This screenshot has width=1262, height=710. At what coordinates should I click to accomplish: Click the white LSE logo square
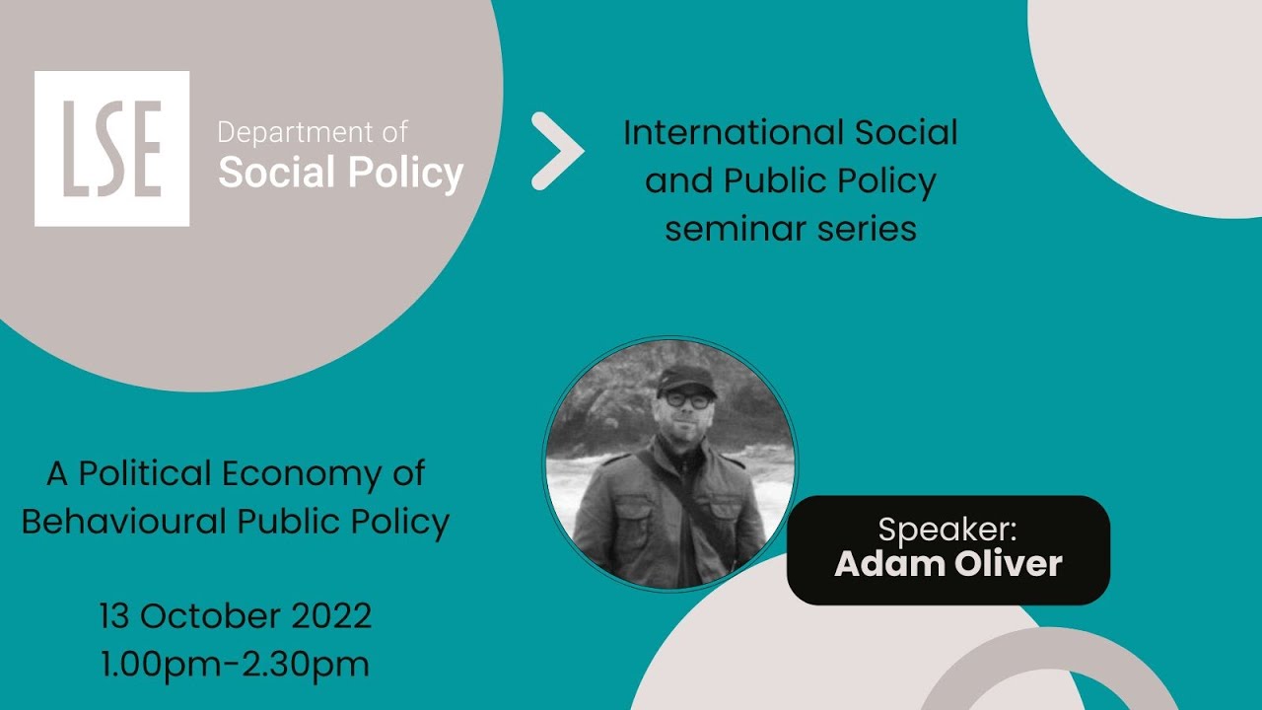pos(111,149)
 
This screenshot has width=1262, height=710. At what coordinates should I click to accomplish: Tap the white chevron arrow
pos(558,151)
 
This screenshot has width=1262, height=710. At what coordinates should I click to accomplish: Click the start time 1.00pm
pos(160,665)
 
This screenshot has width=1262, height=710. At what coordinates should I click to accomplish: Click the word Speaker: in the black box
pos(947,530)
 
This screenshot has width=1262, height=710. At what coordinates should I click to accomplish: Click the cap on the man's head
pos(685,378)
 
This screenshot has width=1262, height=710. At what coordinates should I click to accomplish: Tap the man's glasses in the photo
pos(686,400)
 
